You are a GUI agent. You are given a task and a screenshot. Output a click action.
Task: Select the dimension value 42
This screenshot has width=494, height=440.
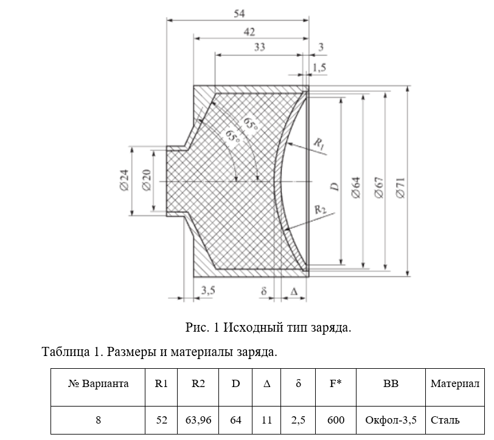click(248, 31)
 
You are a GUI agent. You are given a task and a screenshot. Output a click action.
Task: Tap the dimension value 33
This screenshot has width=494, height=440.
click(260, 48)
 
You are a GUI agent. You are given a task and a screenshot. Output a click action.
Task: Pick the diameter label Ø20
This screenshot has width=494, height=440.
click(146, 180)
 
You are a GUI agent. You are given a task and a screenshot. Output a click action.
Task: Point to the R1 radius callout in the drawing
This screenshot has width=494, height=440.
click(320, 143)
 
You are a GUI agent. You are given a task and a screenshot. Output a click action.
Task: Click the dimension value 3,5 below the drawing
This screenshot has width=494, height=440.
click(208, 291)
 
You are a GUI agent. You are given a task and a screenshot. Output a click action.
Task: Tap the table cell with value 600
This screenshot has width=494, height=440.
click(335, 419)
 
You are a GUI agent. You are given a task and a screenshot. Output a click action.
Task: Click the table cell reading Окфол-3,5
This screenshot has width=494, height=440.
click(390, 419)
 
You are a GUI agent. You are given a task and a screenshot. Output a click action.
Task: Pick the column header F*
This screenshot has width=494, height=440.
click(335, 384)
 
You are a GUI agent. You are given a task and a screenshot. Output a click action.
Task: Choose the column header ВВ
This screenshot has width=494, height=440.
click(390, 384)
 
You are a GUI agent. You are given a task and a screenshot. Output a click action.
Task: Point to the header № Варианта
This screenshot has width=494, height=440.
click(98, 384)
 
